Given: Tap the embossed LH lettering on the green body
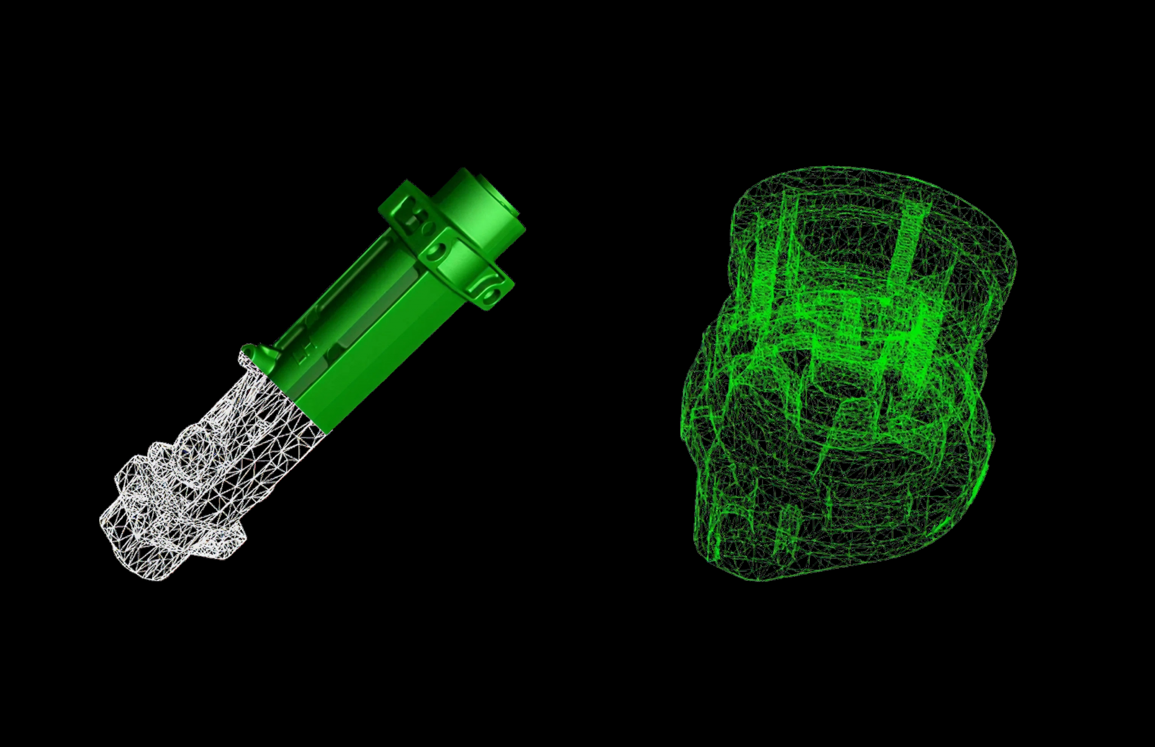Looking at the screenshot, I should coord(302,353).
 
